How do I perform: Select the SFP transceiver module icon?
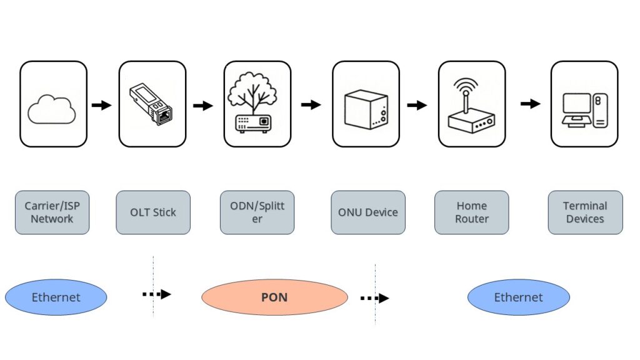click(x=152, y=104)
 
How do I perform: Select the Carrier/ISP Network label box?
click(x=52, y=212)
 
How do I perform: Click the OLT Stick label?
click(x=153, y=212)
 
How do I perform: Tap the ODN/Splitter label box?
click(x=257, y=212)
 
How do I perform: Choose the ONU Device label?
click(x=367, y=212)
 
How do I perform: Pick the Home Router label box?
click(x=471, y=212)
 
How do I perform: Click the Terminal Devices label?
click(x=585, y=212)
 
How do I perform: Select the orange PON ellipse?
click(x=274, y=297)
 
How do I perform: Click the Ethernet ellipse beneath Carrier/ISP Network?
click(x=56, y=297)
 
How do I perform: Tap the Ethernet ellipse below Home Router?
click(x=518, y=297)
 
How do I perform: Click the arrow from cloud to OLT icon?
click(x=101, y=105)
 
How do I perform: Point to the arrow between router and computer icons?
click(x=531, y=103)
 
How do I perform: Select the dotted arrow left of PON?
click(x=156, y=294)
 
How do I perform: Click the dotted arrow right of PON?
click(x=374, y=298)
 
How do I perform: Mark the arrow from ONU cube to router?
click(x=417, y=105)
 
